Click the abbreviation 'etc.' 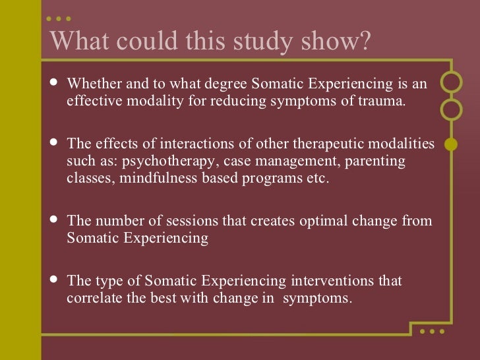click(315, 178)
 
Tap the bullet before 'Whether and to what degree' click(54, 84)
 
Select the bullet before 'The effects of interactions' click(54, 144)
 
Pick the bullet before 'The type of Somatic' click(54, 280)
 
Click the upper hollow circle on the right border click(451, 84)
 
